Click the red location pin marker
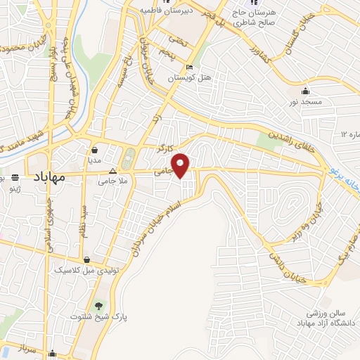coord(181,165)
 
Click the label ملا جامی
coord(112,182)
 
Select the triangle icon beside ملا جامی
coord(112,171)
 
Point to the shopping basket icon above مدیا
coord(95,149)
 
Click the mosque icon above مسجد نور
coord(306,91)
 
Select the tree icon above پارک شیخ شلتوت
coord(100,305)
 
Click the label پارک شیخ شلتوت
coord(100,317)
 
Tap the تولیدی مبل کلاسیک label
coord(81,269)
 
